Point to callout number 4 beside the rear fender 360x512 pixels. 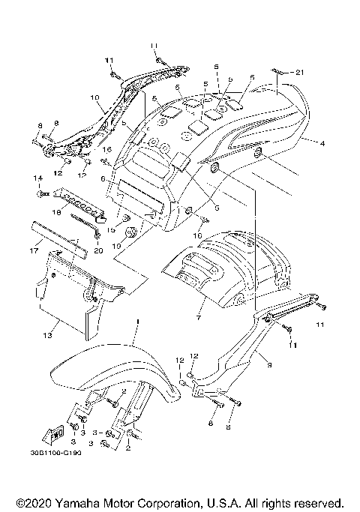(x=322, y=142)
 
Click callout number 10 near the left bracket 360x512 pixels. (x=94, y=97)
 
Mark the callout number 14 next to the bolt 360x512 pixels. (x=34, y=178)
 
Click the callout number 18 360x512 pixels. (x=55, y=213)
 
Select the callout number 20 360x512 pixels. (x=98, y=251)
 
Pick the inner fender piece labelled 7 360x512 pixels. (x=225, y=270)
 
